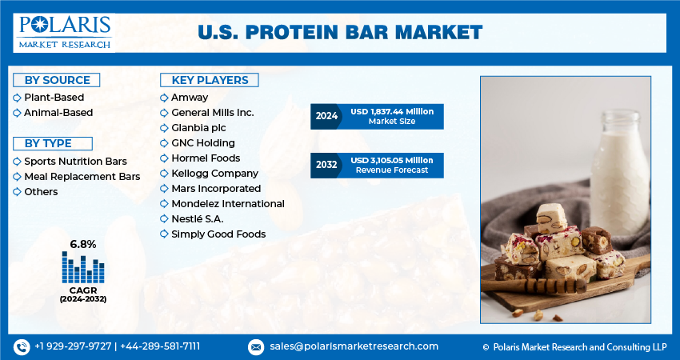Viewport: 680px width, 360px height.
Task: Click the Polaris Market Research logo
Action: point(64,32)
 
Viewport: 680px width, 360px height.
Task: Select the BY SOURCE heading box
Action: point(56,80)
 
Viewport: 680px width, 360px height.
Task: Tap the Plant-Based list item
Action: point(54,98)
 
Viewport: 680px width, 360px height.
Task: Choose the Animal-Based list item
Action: point(58,113)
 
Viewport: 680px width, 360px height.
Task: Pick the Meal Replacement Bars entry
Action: point(82,176)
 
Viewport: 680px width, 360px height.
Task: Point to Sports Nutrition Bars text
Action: point(75,161)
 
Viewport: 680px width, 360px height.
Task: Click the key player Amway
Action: point(190,98)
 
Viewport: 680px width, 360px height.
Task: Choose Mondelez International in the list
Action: point(227,204)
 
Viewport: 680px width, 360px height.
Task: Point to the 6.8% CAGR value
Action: point(83,244)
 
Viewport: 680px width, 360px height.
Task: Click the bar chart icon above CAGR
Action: point(83,267)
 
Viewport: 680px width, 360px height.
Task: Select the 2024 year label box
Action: point(326,117)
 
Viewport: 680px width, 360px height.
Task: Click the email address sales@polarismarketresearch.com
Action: point(353,346)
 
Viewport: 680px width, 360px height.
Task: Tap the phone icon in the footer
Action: point(21,346)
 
